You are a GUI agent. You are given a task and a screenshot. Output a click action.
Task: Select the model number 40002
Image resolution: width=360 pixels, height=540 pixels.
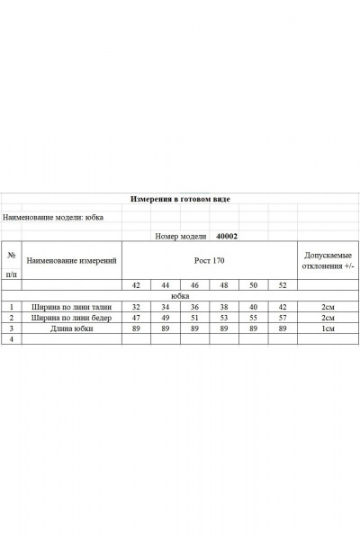[x=227, y=236]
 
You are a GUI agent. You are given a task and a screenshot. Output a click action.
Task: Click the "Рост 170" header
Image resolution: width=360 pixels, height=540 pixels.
[x=209, y=260]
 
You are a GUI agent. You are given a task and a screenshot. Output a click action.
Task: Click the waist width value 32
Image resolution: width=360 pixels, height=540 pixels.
[x=136, y=306]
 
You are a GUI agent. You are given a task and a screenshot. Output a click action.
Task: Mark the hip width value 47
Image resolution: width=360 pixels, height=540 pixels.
[x=136, y=318]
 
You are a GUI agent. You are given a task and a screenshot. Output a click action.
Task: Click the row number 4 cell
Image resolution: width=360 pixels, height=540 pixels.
[x=11, y=340]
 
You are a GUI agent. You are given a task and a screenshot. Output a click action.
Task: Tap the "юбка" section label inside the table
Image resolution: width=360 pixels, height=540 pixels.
[x=180, y=295]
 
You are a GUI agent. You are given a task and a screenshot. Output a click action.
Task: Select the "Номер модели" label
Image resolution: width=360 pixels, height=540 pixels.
[x=179, y=236]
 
